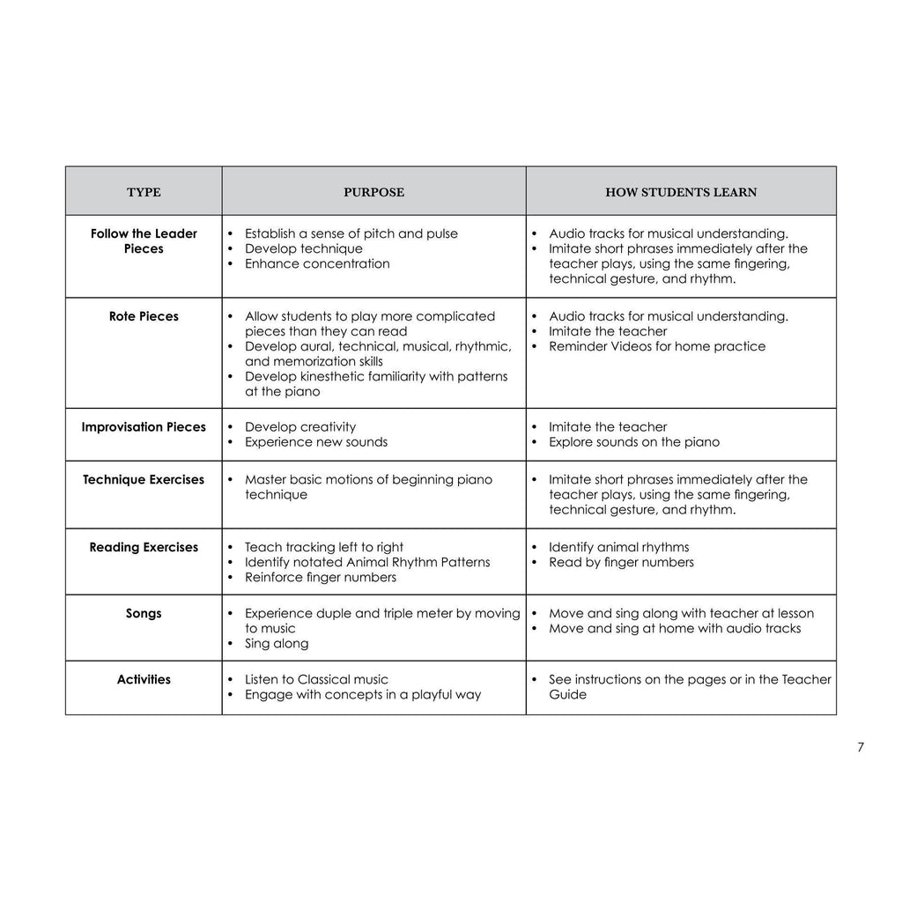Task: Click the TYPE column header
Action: tap(144, 192)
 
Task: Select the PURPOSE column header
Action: tap(373, 192)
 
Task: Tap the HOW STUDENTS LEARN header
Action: tap(680, 192)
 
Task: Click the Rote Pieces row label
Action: tap(144, 316)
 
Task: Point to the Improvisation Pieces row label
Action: tap(144, 427)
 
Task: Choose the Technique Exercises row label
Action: tap(144, 480)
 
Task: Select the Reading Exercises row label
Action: tap(144, 548)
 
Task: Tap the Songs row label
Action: tap(144, 614)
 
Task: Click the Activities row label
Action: tap(144, 680)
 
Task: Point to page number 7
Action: tap(860, 748)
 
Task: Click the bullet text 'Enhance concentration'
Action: tap(317, 263)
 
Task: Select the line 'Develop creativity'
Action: tap(300, 427)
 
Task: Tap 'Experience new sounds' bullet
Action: tap(315, 442)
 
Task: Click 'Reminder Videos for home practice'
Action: tap(657, 346)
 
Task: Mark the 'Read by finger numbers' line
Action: tap(621, 562)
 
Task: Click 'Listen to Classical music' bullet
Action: tap(316, 680)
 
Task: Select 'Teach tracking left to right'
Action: tap(324, 547)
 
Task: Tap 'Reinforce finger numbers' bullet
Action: tap(321, 577)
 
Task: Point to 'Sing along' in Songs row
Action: tap(277, 643)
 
